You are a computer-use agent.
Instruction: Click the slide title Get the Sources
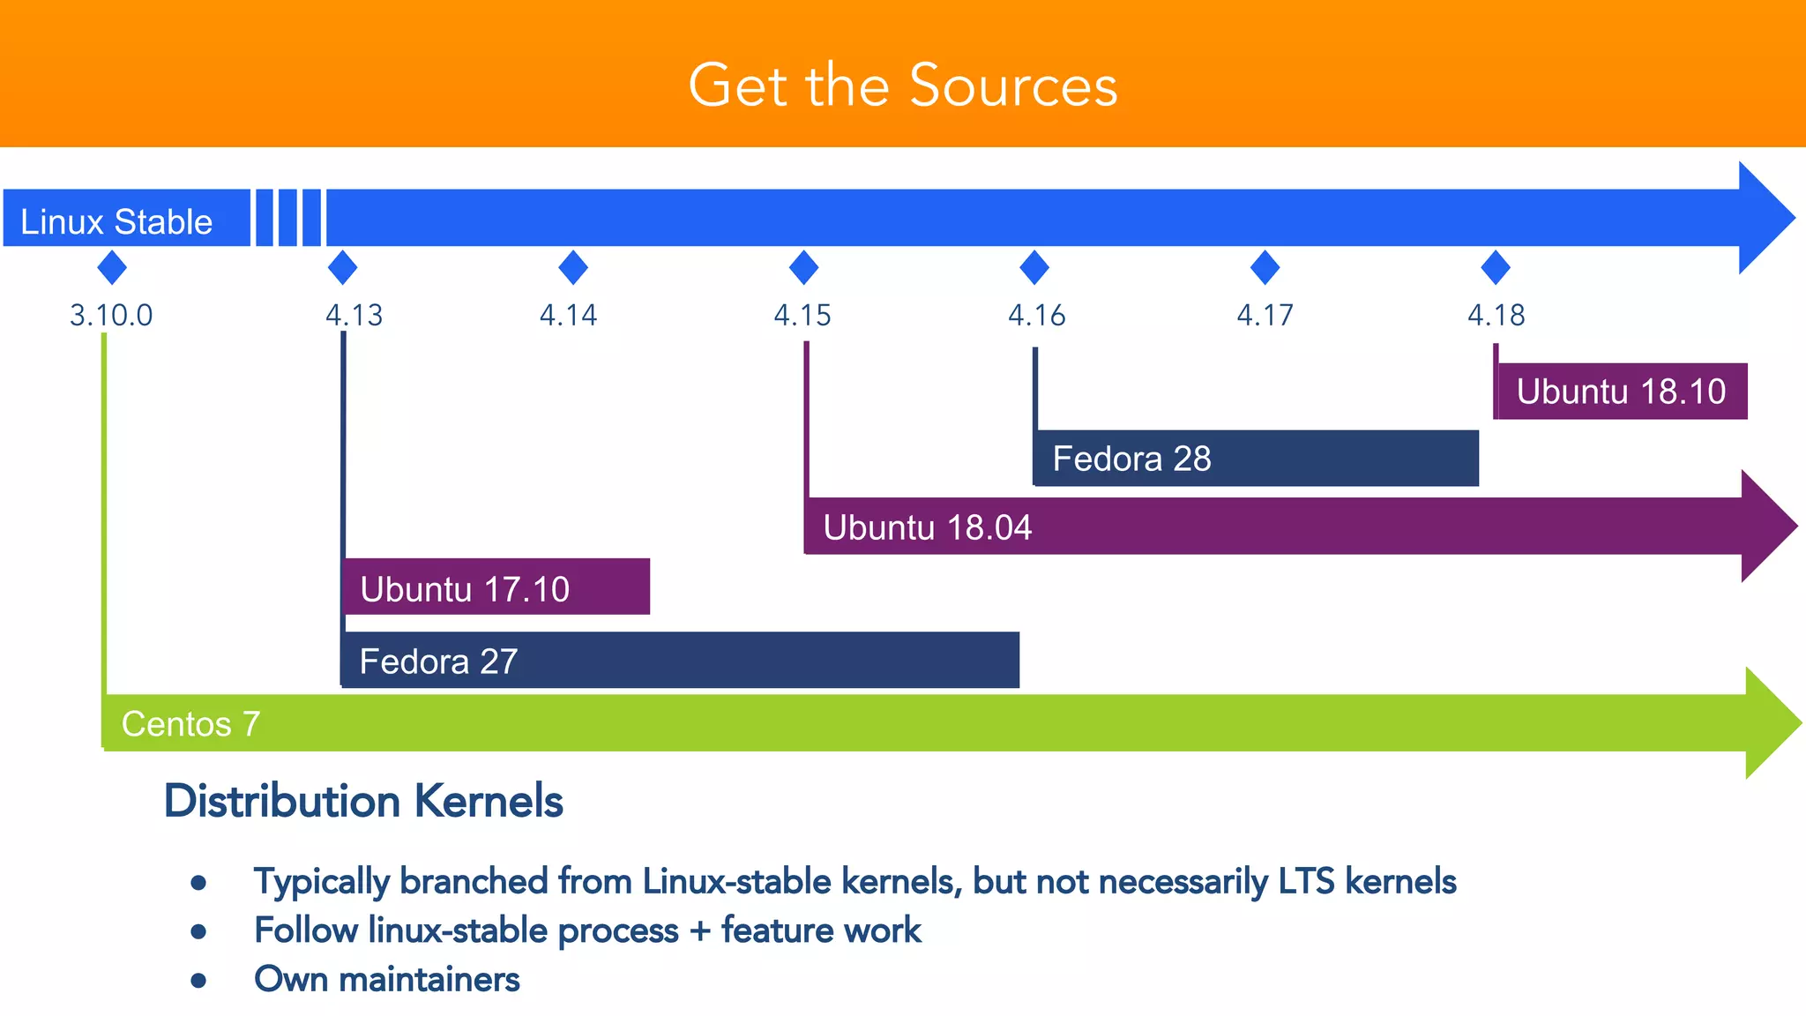[x=903, y=86]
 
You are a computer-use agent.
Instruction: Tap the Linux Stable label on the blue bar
[x=116, y=221]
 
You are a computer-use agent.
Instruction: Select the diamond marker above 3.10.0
[x=112, y=267]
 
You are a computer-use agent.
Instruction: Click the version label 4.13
[x=354, y=315]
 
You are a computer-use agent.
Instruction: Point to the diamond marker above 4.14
[x=573, y=267]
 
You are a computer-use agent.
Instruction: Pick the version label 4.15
[x=802, y=315]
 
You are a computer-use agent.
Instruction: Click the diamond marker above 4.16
[x=1034, y=267]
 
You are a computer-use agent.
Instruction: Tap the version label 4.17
[x=1265, y=315]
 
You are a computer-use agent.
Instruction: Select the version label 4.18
[x=1496, y=315]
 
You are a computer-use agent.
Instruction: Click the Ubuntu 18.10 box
[x=1621, y=391]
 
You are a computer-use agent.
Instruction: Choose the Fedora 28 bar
[x=1256, y=458]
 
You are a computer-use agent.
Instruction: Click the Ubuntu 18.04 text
[x=927, y=527]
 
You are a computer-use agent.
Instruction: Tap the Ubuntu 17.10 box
[x=496, y=586]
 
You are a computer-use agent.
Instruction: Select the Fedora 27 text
[x=438, y=661]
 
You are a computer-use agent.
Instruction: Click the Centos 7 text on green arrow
[x=190, y=724]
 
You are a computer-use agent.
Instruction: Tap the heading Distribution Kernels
[x=363, y=801]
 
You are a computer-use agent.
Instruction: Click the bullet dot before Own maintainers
[x=198, y=980]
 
